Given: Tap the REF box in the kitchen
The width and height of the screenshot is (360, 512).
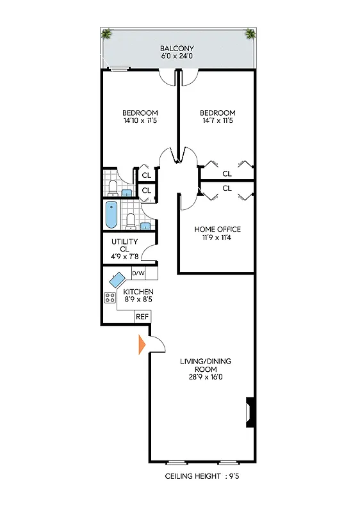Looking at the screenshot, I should click(x=142, y=317).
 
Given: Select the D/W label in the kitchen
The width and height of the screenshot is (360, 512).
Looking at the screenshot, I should click(x=138, y=273).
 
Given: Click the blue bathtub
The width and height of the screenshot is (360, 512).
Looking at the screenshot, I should click(x=111, y=215).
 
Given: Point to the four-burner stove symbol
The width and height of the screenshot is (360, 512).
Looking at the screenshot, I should click(x=110, y=297).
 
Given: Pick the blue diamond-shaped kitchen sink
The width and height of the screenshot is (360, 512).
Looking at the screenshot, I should click(x=118, y=280).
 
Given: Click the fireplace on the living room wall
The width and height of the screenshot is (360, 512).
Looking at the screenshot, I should click(x=249, y=412).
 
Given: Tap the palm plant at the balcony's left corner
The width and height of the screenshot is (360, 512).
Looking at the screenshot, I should click(x=106, y=34).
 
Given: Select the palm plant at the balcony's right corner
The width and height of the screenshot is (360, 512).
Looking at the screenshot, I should click(x=250, y=34).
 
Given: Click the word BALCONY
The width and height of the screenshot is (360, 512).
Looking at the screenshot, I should click(x=178, y=49).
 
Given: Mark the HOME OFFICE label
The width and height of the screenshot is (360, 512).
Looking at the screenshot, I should click(x=218, y=228).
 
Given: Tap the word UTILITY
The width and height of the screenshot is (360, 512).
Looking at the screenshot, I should click(x=124, y=242).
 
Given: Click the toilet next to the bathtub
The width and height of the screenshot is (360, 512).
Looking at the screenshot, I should click(x=131, y=221).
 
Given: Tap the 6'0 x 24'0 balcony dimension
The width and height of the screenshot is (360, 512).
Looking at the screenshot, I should click(x=178, y=57).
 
